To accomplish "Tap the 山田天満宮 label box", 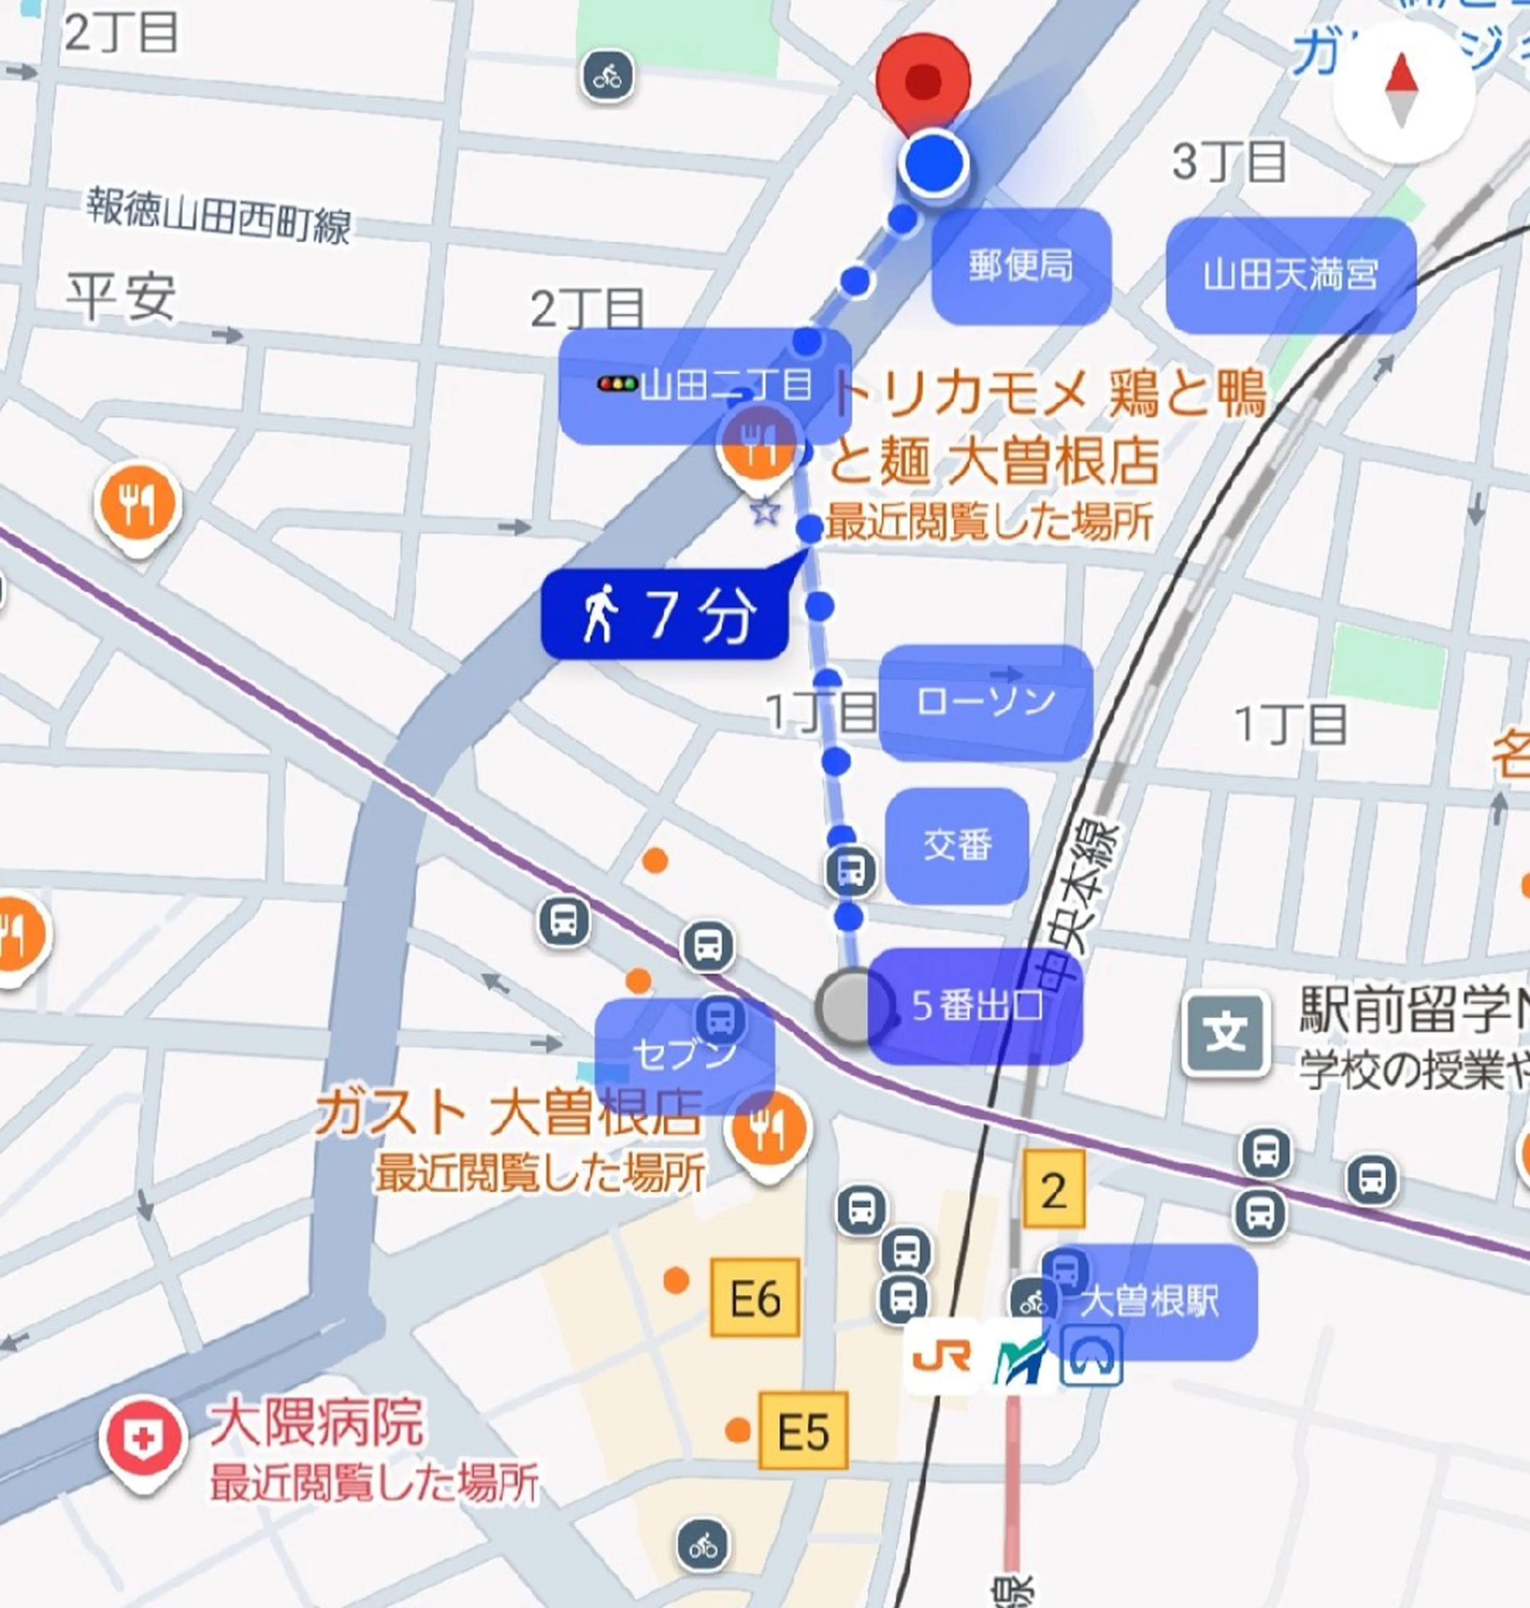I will coord(1290,275).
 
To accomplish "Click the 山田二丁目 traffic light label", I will coord(705,385).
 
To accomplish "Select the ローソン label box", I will coord(985,702).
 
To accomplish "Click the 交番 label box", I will coord(957,845).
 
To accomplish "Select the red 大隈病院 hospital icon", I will coord(143,1440).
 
